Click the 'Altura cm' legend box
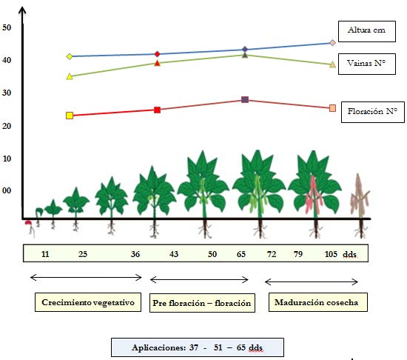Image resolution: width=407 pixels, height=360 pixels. (x=367, y=31)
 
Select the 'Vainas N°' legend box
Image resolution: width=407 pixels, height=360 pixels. (x=367, y=64)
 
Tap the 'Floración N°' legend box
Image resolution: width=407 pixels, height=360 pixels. (x=372, y=112)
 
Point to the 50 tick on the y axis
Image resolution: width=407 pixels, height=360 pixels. (x=7, y=27)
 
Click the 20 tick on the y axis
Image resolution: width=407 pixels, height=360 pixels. (x=7, y=126)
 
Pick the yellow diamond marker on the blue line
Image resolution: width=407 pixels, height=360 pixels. (x=70, y=56)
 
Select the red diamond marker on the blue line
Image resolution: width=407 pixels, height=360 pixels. (x=157, y=54)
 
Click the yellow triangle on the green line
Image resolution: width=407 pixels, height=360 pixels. (x=70, y=76)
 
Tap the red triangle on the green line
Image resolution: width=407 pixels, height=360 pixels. (x=157, y=63)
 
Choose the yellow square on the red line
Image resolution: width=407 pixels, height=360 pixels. (x=70, y=116)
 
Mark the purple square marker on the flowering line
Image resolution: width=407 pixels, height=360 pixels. (x=245, y=100)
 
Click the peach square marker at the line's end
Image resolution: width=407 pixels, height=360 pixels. (x=332, y=108)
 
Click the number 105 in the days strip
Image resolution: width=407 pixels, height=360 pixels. (x=331, y=254)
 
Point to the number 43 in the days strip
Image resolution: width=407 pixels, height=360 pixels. (x=174, y=254)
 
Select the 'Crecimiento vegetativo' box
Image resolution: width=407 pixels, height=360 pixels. (x=88, y=302)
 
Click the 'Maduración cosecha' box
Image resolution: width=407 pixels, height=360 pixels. (x=318, y=302)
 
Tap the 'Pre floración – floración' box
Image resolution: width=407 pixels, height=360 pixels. (x=202, y=303)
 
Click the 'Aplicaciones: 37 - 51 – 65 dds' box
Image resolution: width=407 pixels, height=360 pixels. (x=198, y=347)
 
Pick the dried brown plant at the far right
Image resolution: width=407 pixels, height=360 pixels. (x=360, y=205)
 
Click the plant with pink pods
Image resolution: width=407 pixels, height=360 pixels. (x=314, y=193)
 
